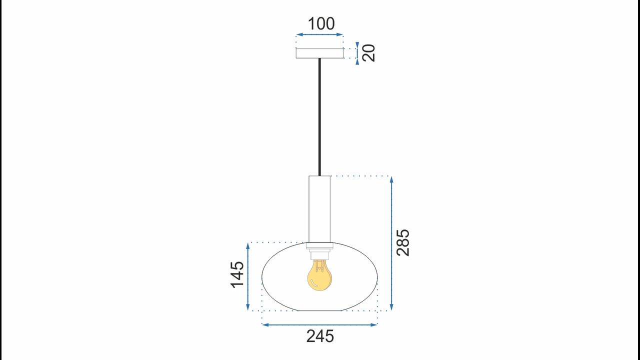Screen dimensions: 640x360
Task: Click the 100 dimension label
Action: point(321,23)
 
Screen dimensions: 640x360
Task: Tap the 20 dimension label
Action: point(368,53)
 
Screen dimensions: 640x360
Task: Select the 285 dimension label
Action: point(403,242)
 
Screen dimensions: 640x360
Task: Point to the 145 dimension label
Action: point(237,274)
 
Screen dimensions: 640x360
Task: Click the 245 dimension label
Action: point(320,336)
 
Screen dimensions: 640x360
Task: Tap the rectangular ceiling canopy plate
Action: point(319,53)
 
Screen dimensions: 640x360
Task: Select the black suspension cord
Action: point(319,117)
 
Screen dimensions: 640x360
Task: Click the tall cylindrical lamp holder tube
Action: point(319,209)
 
